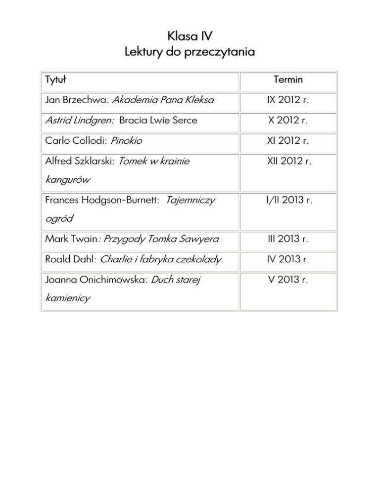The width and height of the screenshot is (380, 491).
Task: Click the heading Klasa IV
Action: [190, 35]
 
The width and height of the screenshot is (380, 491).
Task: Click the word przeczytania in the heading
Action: [220, 51]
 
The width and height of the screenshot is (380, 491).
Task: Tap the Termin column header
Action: [288, 80]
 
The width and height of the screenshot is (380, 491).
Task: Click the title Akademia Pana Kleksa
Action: [163, 100]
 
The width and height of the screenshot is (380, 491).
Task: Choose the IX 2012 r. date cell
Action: [288, 100]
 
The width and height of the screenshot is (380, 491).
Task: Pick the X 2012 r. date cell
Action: [288, 121]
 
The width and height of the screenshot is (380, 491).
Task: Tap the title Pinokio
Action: [127, 141]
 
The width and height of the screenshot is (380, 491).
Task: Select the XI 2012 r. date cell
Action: [288, 141]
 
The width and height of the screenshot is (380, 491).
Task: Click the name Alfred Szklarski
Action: [79, 161]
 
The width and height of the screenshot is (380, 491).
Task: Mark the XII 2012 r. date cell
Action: [288, 162]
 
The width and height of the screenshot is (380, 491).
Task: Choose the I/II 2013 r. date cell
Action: [288, 202]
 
